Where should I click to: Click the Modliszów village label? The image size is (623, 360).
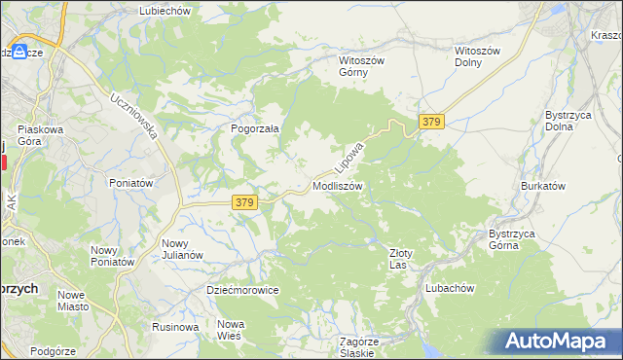click(338, 186)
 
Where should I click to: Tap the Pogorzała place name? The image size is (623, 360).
click(255, 128)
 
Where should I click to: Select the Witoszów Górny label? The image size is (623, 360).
click(362, 65)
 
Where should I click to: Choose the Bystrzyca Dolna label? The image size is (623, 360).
click(565, 121)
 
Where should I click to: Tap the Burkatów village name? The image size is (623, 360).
click(543, 185)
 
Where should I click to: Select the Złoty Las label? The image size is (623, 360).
click(401, 258)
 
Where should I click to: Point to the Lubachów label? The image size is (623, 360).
click(449, 288)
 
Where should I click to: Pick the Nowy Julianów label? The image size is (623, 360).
click(182, 249)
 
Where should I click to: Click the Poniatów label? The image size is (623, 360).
click(131, 183)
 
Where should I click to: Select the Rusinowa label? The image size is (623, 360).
click(175, 327)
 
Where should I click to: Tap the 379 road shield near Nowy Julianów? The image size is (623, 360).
click(245, 202)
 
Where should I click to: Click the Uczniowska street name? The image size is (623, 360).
click(134, 116)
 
